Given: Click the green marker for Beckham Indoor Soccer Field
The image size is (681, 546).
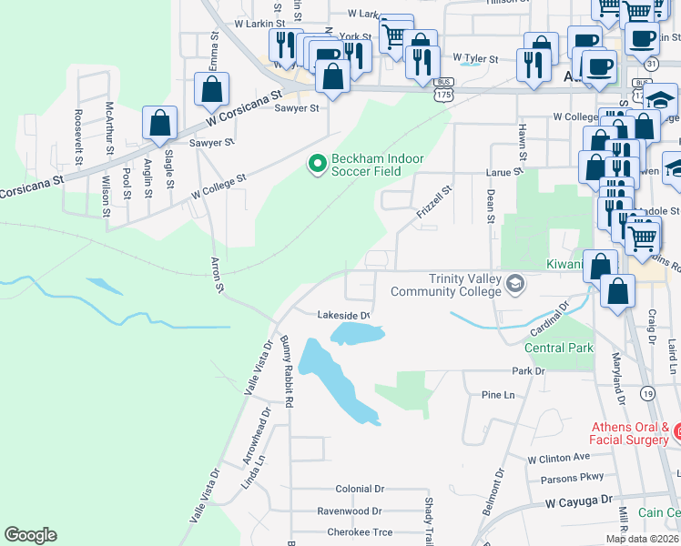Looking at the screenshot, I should click(317, 165).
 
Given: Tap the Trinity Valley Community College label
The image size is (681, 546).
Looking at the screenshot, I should click(446, 285).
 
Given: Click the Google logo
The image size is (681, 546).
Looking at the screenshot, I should click(30, 535).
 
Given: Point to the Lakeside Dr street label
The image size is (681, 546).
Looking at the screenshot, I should click(343, 316).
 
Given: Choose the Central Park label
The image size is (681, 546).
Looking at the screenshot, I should click(559, 348).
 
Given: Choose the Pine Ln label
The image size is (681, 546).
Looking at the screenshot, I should click(497, 395).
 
